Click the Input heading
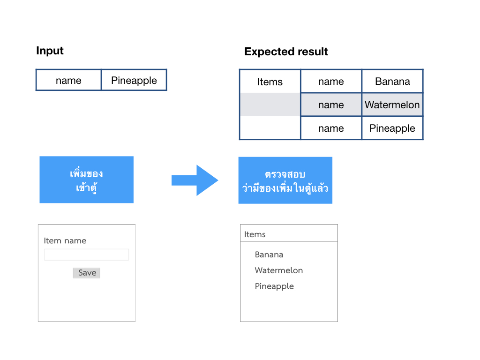[x=50, y=51]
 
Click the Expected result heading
[x=286, y=52]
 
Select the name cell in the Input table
[x=68, y=80]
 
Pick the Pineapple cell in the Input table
[x=134, y=80]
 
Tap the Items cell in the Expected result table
[x=270, y=82]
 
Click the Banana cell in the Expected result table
[x=392, y=82]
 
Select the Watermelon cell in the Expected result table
[x=392, y=105]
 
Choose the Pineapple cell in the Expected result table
[x=392, y=128]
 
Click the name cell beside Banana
[x=331, y=82]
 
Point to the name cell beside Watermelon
[x=331, y=105]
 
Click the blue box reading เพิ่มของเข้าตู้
[x=87, y=180]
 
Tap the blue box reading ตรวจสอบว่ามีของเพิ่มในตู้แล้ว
[x=285, y=180]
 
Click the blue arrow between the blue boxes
[x=195, y=180]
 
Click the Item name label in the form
[x=65, y=240]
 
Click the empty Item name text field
[x=86, y=255]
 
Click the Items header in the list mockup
[x=255, y=234]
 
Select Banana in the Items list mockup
[x=269, y=255]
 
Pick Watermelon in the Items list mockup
[x=279, y=270]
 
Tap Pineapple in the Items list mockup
[x=274, y=286]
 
